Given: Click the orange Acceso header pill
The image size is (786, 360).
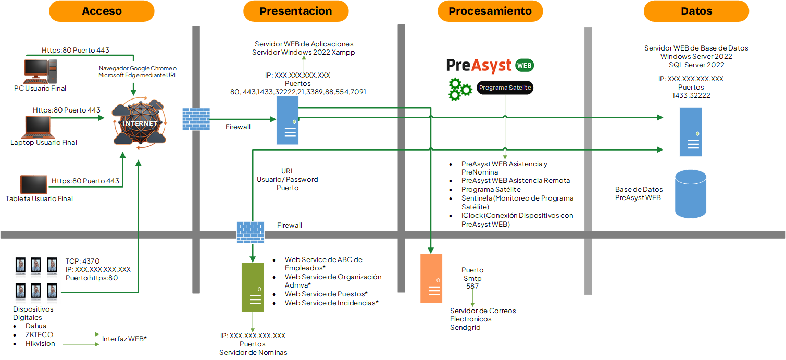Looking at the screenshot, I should coord(102,11).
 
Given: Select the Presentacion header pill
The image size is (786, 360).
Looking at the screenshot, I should coord(296,11).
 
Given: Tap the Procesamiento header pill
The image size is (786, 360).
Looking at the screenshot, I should coord(490,11).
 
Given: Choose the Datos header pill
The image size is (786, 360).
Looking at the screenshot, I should coord(696,11).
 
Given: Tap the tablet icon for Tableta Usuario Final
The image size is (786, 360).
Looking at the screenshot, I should coord(34,184).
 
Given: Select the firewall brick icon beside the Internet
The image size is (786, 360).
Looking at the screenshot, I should coord(196,119).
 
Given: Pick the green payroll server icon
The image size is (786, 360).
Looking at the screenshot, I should coord(253,287).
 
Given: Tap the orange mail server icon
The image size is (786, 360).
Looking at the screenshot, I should coord(431,278).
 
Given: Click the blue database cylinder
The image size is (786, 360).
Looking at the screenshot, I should coord(690,194).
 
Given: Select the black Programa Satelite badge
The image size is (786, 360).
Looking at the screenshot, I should coord(505,88).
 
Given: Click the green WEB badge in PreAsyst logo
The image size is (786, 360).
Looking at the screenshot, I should coord(524,66).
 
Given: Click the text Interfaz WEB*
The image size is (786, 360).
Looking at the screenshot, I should coord(124,339).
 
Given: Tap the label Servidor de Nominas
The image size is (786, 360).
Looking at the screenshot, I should coord(253,352).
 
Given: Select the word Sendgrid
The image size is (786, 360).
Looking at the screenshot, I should coord(465,328).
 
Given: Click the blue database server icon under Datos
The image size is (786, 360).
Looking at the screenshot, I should coord(690,132).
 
